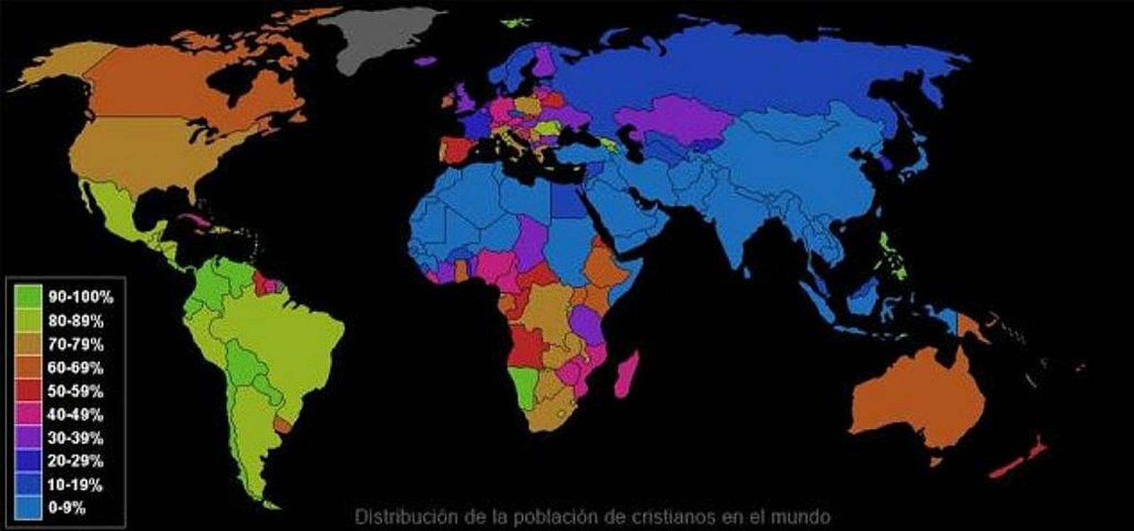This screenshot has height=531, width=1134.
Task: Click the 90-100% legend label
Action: [80, 297]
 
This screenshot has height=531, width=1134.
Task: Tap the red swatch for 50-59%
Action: [28, 391]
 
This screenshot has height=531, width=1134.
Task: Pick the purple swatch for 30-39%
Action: [28, 438]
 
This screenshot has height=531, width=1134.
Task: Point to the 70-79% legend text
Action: [75, 344]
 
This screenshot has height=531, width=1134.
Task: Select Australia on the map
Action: [921, 396]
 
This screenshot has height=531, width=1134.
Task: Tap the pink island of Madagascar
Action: [627, 375]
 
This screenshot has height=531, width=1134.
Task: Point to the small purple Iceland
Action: [425, 61]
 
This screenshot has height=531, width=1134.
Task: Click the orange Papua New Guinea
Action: [972, 326]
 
